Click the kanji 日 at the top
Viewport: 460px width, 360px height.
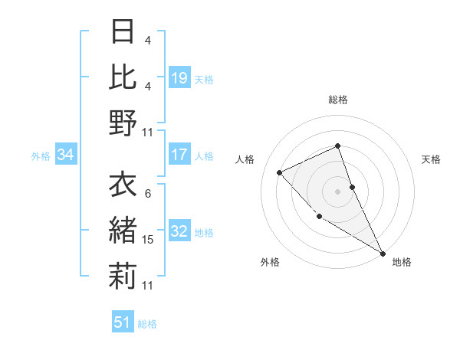123,32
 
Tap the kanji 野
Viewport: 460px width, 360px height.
123,122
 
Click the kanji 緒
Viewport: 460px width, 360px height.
123,231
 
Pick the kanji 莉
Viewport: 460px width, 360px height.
123,276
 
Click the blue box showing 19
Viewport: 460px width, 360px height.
179,77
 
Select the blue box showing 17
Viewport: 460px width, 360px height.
179,155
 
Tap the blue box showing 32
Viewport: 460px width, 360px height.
179,231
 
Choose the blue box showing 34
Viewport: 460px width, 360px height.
66,155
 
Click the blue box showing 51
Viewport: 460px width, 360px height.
123,322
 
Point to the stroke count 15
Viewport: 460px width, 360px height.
148,240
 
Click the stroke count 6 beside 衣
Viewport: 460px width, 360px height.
148,194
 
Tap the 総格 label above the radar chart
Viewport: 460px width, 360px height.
338,100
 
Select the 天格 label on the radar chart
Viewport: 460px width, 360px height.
432,159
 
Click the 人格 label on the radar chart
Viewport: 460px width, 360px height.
245,159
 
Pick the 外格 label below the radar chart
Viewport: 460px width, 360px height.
270,262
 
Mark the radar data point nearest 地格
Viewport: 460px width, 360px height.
383,253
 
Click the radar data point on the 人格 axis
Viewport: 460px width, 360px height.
280,172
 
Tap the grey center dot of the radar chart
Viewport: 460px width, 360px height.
338,191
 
